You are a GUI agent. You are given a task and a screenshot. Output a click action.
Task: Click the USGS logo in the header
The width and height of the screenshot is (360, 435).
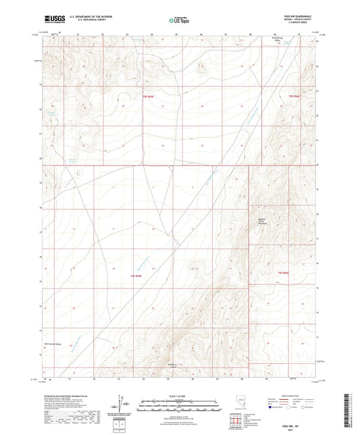click(49, 20)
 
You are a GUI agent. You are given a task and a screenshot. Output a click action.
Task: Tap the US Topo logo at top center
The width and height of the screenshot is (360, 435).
click(174, 21)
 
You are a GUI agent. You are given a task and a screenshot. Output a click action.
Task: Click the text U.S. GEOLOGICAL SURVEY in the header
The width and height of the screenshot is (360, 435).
click(79, 22)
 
